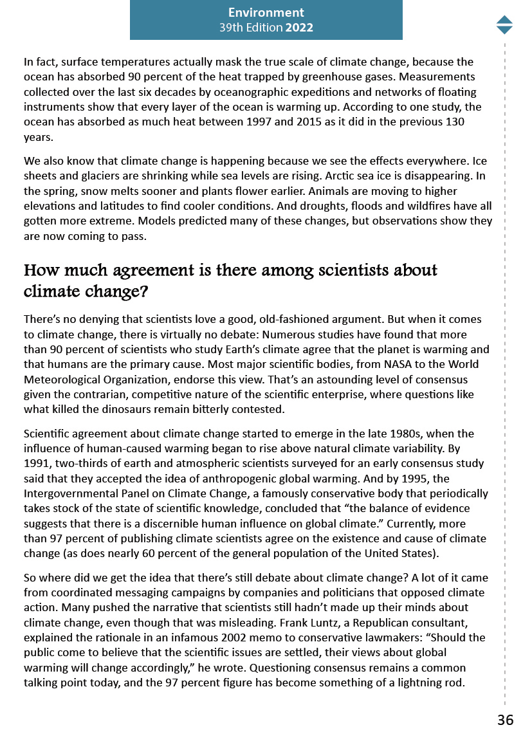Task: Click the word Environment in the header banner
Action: pyautogui.click(x=266, y=12)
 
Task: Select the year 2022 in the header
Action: pyautogui.click(x=299, y=28)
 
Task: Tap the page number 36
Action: pyautogui.click(x=505, y=720)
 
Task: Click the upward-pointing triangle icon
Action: pyautogui.click(x=504, y=19)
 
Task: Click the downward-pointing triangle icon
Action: pyautogui.click(x=504, y=30)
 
